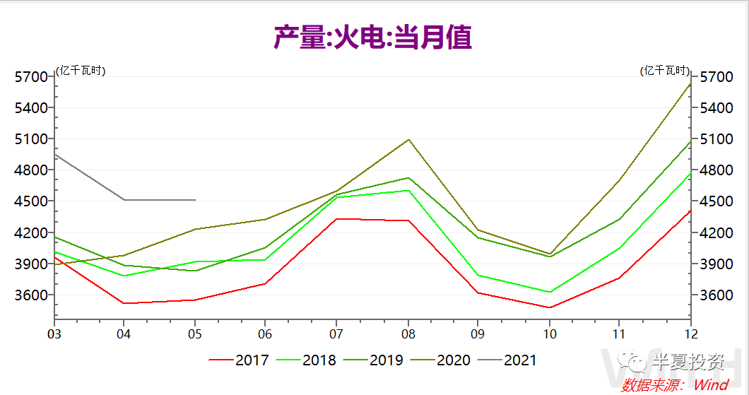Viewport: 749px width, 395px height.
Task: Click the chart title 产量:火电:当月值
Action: click(372, 37)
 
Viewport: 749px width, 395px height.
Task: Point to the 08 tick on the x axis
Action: click(408, 334)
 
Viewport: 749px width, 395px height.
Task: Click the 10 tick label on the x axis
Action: click(549, 334)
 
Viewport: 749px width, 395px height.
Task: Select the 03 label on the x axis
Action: click(54, 334)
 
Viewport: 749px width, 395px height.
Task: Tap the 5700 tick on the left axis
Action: click(30, 77)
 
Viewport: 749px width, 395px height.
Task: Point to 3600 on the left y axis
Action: click(30, 295)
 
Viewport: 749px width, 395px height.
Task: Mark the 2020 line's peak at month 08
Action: click(408, 139)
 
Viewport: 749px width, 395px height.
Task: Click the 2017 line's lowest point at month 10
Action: click(549, 307)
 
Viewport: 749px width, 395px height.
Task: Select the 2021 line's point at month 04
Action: click(124, 200)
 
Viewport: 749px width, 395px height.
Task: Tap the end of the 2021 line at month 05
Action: click(195, 200)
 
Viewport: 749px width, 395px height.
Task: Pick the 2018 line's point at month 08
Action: click(408, 190)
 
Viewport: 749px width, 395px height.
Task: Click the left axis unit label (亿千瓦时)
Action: click(81, 71)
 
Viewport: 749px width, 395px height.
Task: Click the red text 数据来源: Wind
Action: click(675, 385)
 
